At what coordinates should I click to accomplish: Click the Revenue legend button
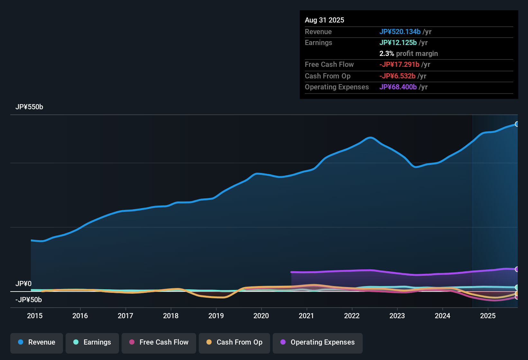click(37, 342)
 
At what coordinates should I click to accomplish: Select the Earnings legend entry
click(92, 342)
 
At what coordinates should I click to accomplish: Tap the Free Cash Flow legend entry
click(159, 342)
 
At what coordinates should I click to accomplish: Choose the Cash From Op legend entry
click(234, 342)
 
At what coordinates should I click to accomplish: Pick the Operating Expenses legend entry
click(318, 342)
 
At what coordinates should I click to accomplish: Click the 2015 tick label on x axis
click(35, 316)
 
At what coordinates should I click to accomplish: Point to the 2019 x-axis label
click(216, 316)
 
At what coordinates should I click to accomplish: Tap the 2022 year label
click(352, 316)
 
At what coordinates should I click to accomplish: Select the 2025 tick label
click(488, 316)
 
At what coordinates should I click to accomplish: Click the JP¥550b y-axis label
click(29, 107)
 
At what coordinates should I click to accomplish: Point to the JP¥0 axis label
click(23, 284)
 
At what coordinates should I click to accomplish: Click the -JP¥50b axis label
click(29, 300)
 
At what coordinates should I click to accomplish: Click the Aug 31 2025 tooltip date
click(324, 20)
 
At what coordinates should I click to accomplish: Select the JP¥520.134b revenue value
click(400, 32)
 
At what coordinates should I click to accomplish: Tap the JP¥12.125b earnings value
click(398, 43)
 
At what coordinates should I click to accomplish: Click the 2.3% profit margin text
click(408, 54)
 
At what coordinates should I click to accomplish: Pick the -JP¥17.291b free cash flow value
click(399, 65)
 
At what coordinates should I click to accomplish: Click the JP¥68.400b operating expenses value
click(398, 87)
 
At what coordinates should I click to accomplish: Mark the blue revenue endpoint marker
click(517, 124)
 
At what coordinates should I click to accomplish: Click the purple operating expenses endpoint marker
click(517, 269)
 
